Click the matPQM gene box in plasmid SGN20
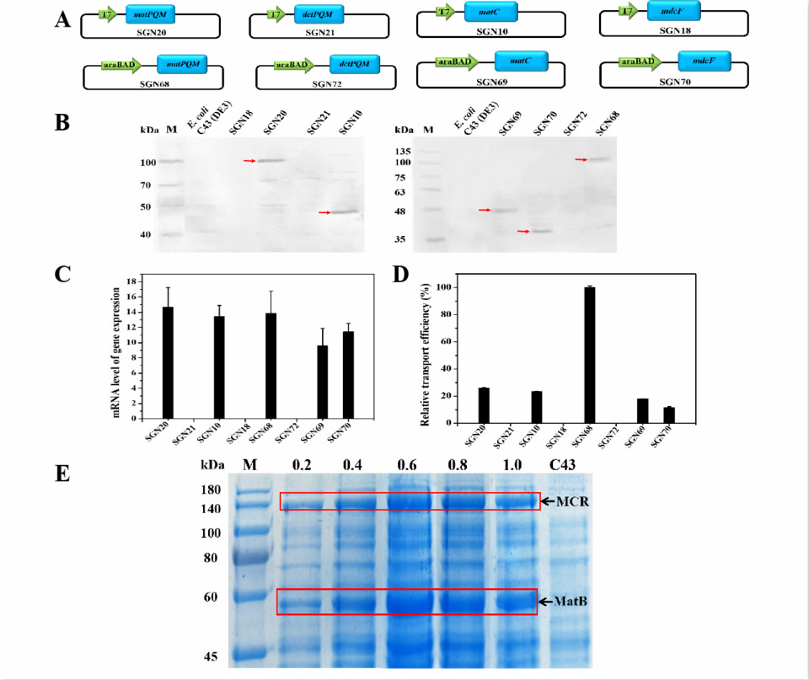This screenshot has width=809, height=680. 150,14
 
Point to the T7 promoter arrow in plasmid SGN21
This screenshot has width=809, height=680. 275,13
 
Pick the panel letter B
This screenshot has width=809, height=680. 62,122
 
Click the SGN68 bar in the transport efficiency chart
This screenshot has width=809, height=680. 590,355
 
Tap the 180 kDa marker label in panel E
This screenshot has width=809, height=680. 212,490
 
